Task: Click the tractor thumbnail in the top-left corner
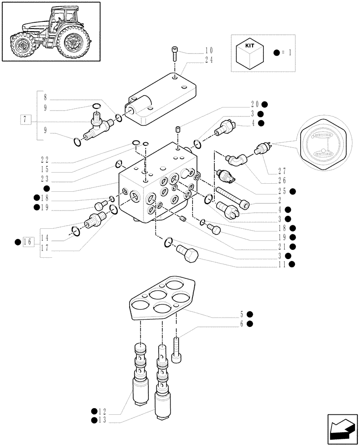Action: [51, 32]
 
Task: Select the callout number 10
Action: [209, 51]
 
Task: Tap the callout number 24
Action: [209, 60]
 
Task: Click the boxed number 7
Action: [26, 119]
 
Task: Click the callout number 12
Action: [104, 411]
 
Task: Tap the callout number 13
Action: [104, 420]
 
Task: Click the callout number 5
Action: [241, 314]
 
